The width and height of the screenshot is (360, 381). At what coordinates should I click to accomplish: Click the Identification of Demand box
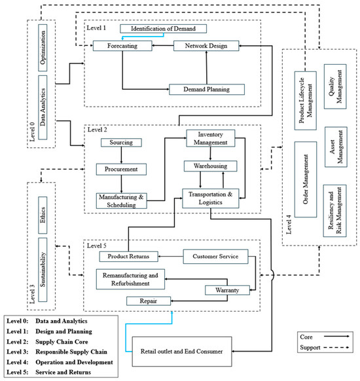163,29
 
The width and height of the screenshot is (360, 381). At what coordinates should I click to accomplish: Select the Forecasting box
122,46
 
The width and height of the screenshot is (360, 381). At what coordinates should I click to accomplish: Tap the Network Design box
206,46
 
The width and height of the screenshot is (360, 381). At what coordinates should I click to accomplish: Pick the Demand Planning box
207,90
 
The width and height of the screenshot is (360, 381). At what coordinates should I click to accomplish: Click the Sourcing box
121,143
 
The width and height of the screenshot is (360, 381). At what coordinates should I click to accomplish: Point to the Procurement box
121,169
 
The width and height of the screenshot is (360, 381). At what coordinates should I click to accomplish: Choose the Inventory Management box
211,138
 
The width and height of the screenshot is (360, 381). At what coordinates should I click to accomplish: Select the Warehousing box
211,166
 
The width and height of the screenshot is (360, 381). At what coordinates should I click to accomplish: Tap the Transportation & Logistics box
211,198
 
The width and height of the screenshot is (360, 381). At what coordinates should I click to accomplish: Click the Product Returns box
128,257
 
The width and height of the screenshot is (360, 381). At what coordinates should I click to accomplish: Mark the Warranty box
227,290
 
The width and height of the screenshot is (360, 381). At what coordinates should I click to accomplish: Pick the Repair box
149,301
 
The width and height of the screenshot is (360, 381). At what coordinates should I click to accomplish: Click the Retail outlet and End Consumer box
182,352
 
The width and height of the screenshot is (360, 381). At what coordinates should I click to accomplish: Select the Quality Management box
335,86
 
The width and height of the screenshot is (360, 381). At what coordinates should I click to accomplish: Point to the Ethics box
43,215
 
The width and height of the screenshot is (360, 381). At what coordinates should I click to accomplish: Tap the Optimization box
43,48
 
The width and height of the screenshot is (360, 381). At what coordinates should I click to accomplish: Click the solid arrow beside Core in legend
336,336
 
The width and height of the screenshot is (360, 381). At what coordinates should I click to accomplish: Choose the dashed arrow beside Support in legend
336,348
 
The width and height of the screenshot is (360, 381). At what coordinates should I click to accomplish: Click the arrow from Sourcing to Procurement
121,155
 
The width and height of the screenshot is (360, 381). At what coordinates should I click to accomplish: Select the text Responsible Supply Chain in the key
71,352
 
